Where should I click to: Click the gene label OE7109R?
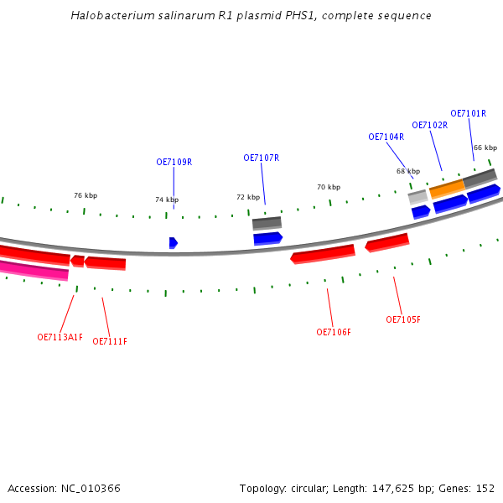(x=174, y=163)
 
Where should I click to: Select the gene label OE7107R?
(x=261, y=158)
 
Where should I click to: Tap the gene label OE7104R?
(x=386, y=137)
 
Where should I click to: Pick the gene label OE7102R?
(x=429, y=126)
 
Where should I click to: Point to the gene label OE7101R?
(x=468, y=114)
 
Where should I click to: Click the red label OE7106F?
(x=334, y=333)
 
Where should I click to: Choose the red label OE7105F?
(x=403, y=320)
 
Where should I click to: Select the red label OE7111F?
(x=110, y=342)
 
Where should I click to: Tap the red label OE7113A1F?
(x=60, y=338)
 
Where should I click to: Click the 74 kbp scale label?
(x=166, y=200)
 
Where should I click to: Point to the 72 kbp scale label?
(x=247, y=198)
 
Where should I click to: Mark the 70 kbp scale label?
(x=329, y=188)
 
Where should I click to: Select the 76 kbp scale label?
(x=86, y=196)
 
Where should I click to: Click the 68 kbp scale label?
(x=408, y=172)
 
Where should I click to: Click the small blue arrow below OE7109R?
(x=173, y=243)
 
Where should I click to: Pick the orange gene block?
(x=446, y=189)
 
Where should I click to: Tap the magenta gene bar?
(x=34, y=270)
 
